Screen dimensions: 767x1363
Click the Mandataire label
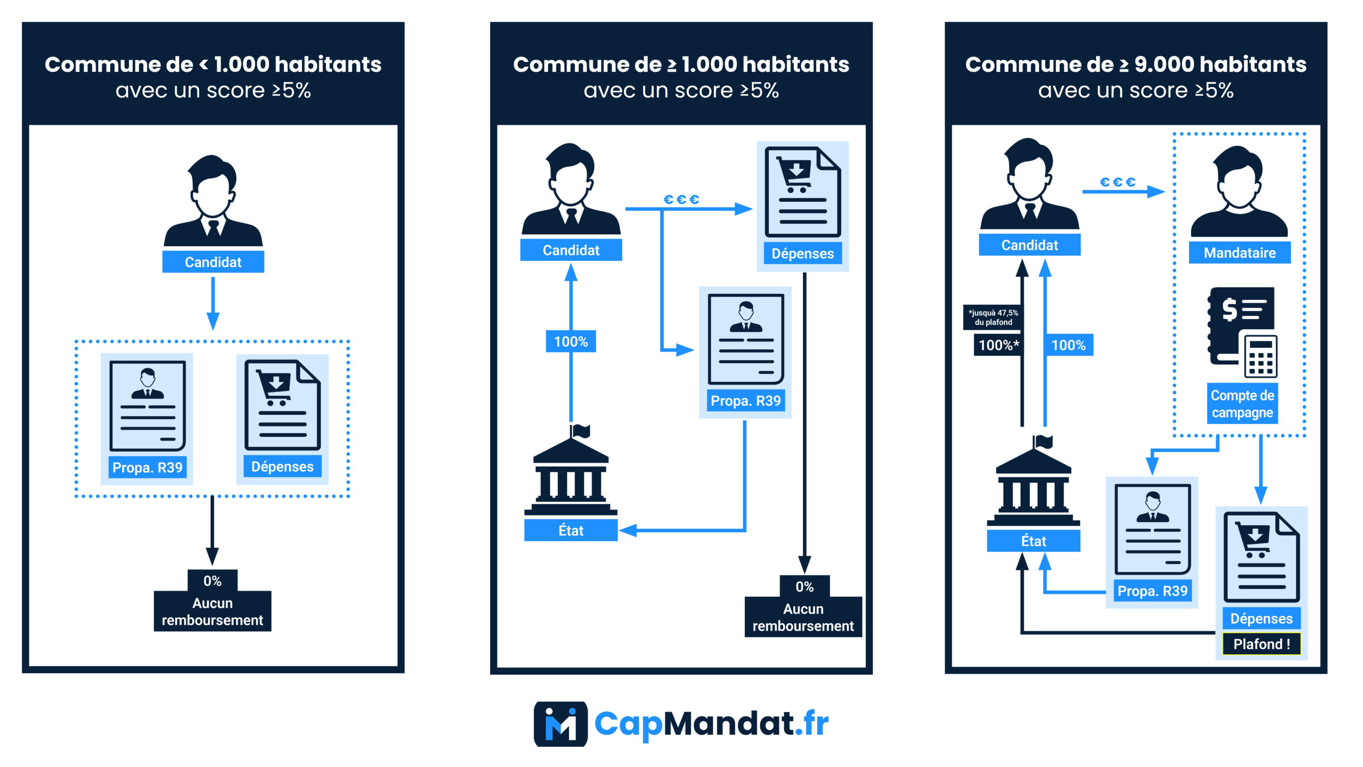pyautogui.click(x=1239, y=252)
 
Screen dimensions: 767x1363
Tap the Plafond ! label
pyautogui.click(x=1261, y=644)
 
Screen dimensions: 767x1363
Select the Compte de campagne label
pyautogui.click(x=1242, y=404)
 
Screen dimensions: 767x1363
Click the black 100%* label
pyautogui.click(x=998, y=345)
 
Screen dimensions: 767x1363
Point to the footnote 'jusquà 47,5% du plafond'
pyautogui.click(x=993, y=317)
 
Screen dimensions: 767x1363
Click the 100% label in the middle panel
pyautogui.click(x=571, y=341)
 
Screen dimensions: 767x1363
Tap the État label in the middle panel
pyautogui.click(x=571, y=531)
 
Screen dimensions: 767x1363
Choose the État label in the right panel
pyautogui.click(x=1033, y=541)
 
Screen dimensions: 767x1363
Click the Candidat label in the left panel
pyautogui.click(x=213, y=262)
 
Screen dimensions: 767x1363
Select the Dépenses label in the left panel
pyautogui.click(x=282, y=467)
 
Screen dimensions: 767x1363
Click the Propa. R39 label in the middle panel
pyautogui.click(x=745, y=401)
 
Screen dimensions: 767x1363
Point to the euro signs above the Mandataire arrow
pyautogui.click(x=1118, y=182)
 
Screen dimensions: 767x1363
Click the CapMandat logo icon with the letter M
pyautogui.click(x=561, y=724)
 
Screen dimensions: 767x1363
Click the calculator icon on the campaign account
pyautogui.click(x=1260, y=357)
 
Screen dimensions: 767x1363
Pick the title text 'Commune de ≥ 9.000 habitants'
pyautogui.click(x=1136, y=64)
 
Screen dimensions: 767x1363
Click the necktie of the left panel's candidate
pyautogui.click(x=214, y=227)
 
